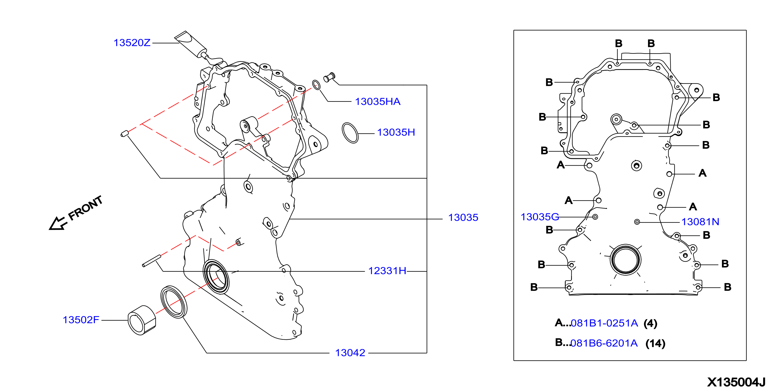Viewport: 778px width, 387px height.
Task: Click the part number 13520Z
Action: tap(132, 43)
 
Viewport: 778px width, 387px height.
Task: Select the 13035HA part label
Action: tap(378, 102)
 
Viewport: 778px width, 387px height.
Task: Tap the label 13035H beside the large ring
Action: tap(396, 132)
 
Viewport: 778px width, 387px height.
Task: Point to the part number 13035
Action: tap(463, 217)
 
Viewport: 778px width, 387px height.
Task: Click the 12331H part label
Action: tap(387, 271)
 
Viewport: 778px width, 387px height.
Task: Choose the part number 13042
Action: tap(350, 353)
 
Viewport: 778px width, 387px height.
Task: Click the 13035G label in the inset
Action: tap(540, 217)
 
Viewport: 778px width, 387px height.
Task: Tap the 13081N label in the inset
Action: tap(700, 222)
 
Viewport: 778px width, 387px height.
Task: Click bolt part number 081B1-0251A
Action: tap(604, 323)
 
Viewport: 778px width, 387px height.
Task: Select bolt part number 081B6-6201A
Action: tap(604, 343)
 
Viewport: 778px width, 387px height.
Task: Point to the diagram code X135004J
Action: tap(736, 382)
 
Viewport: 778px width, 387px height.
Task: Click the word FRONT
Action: tap(85, 208)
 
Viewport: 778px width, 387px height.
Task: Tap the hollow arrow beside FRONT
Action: tap(57, 223)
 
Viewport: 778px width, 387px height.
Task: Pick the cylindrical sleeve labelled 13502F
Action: tap(142, 320)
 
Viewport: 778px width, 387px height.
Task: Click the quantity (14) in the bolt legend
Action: tap(655, 343)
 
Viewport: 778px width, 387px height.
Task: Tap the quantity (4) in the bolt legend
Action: tap(650, 324)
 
